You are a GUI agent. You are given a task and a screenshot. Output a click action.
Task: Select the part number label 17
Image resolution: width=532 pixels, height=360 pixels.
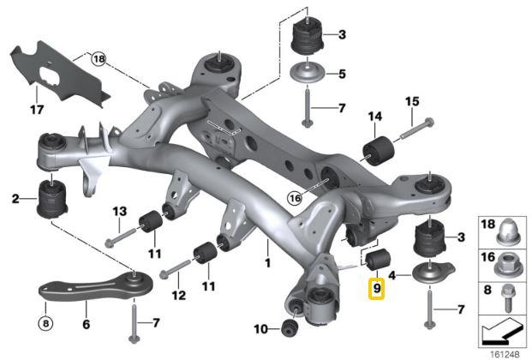36,110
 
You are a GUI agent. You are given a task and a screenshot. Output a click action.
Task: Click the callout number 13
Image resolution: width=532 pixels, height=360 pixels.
119,211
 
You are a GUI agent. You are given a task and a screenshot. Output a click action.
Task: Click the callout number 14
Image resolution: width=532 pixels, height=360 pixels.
374,117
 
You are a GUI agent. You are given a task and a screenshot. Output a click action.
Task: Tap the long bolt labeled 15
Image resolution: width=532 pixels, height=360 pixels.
410,132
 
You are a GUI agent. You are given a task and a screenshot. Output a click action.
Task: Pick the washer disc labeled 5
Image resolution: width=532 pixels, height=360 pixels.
308,74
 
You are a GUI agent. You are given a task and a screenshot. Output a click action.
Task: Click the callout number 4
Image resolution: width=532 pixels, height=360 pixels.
392,275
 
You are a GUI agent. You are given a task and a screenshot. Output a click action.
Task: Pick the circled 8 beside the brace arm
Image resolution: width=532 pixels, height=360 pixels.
46,324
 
